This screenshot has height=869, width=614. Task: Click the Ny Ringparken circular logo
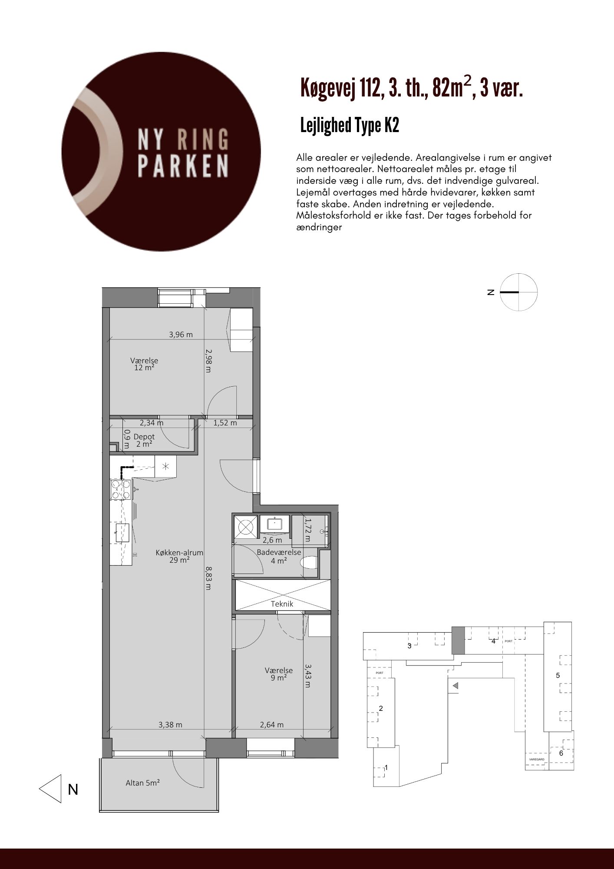[161, 152]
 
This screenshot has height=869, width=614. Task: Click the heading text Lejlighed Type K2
[350, 126]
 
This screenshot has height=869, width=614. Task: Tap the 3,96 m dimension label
[181, 335]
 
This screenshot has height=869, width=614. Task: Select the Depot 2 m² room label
[144, 440]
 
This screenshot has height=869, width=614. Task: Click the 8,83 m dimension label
[208, 577]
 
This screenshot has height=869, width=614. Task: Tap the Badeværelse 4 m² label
[279, 556]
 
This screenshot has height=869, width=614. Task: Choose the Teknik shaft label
[282, 604]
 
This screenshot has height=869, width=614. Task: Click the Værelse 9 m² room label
[279, 674]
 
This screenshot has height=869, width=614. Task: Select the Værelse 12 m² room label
[144, 364]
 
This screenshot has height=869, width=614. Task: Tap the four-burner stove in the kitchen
[121, 489]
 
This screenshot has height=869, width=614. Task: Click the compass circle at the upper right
[518, 292]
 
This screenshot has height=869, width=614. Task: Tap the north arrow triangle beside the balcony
[50, 789]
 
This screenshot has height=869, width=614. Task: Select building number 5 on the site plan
[558, 675]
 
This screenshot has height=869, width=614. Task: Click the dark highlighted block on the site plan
[458, 640]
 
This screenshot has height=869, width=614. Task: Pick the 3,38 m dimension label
[170, 724]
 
